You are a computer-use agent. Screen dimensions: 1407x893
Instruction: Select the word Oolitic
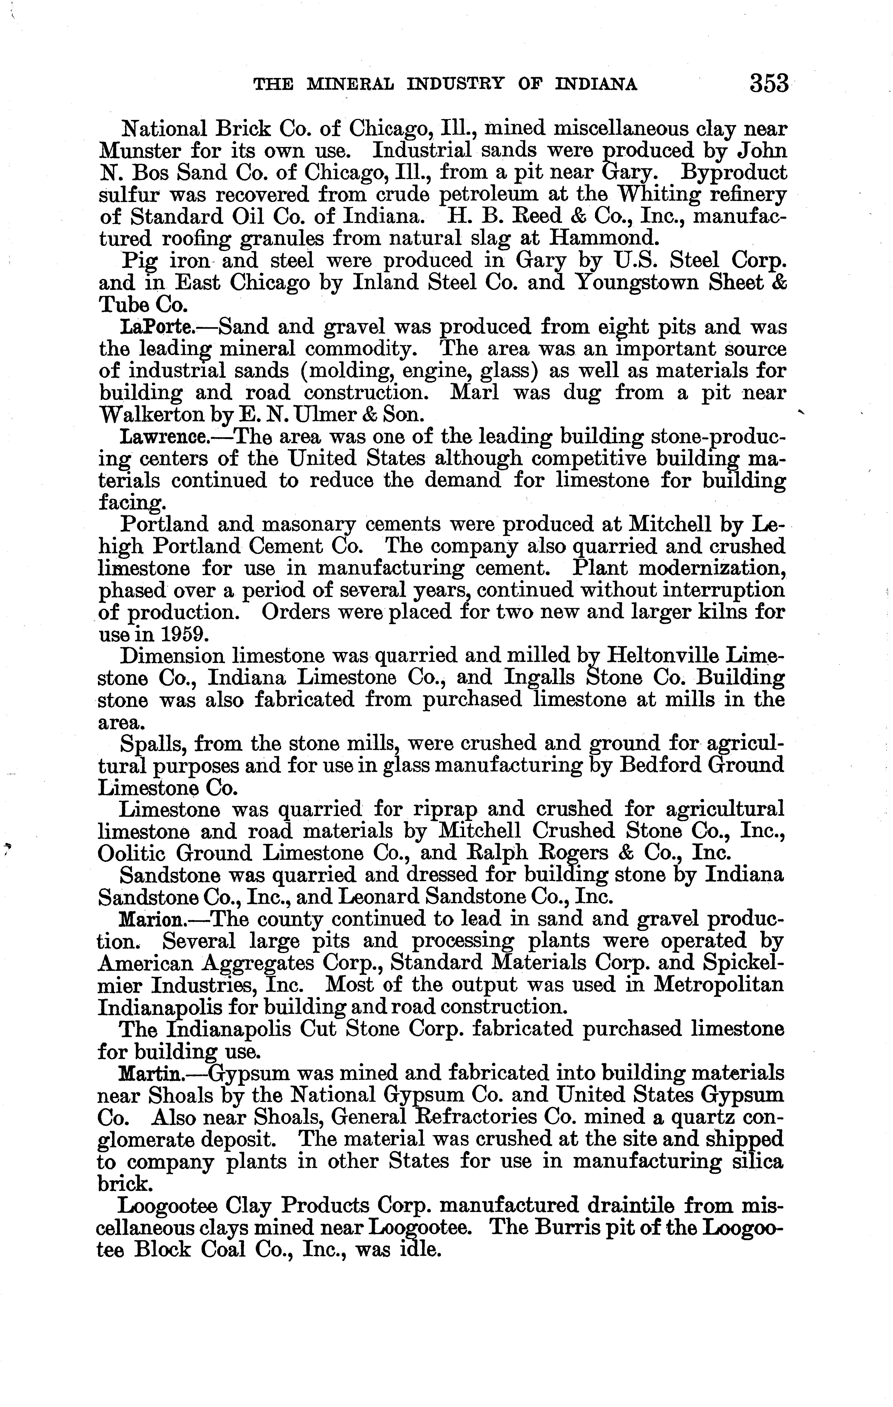[132, 853]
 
